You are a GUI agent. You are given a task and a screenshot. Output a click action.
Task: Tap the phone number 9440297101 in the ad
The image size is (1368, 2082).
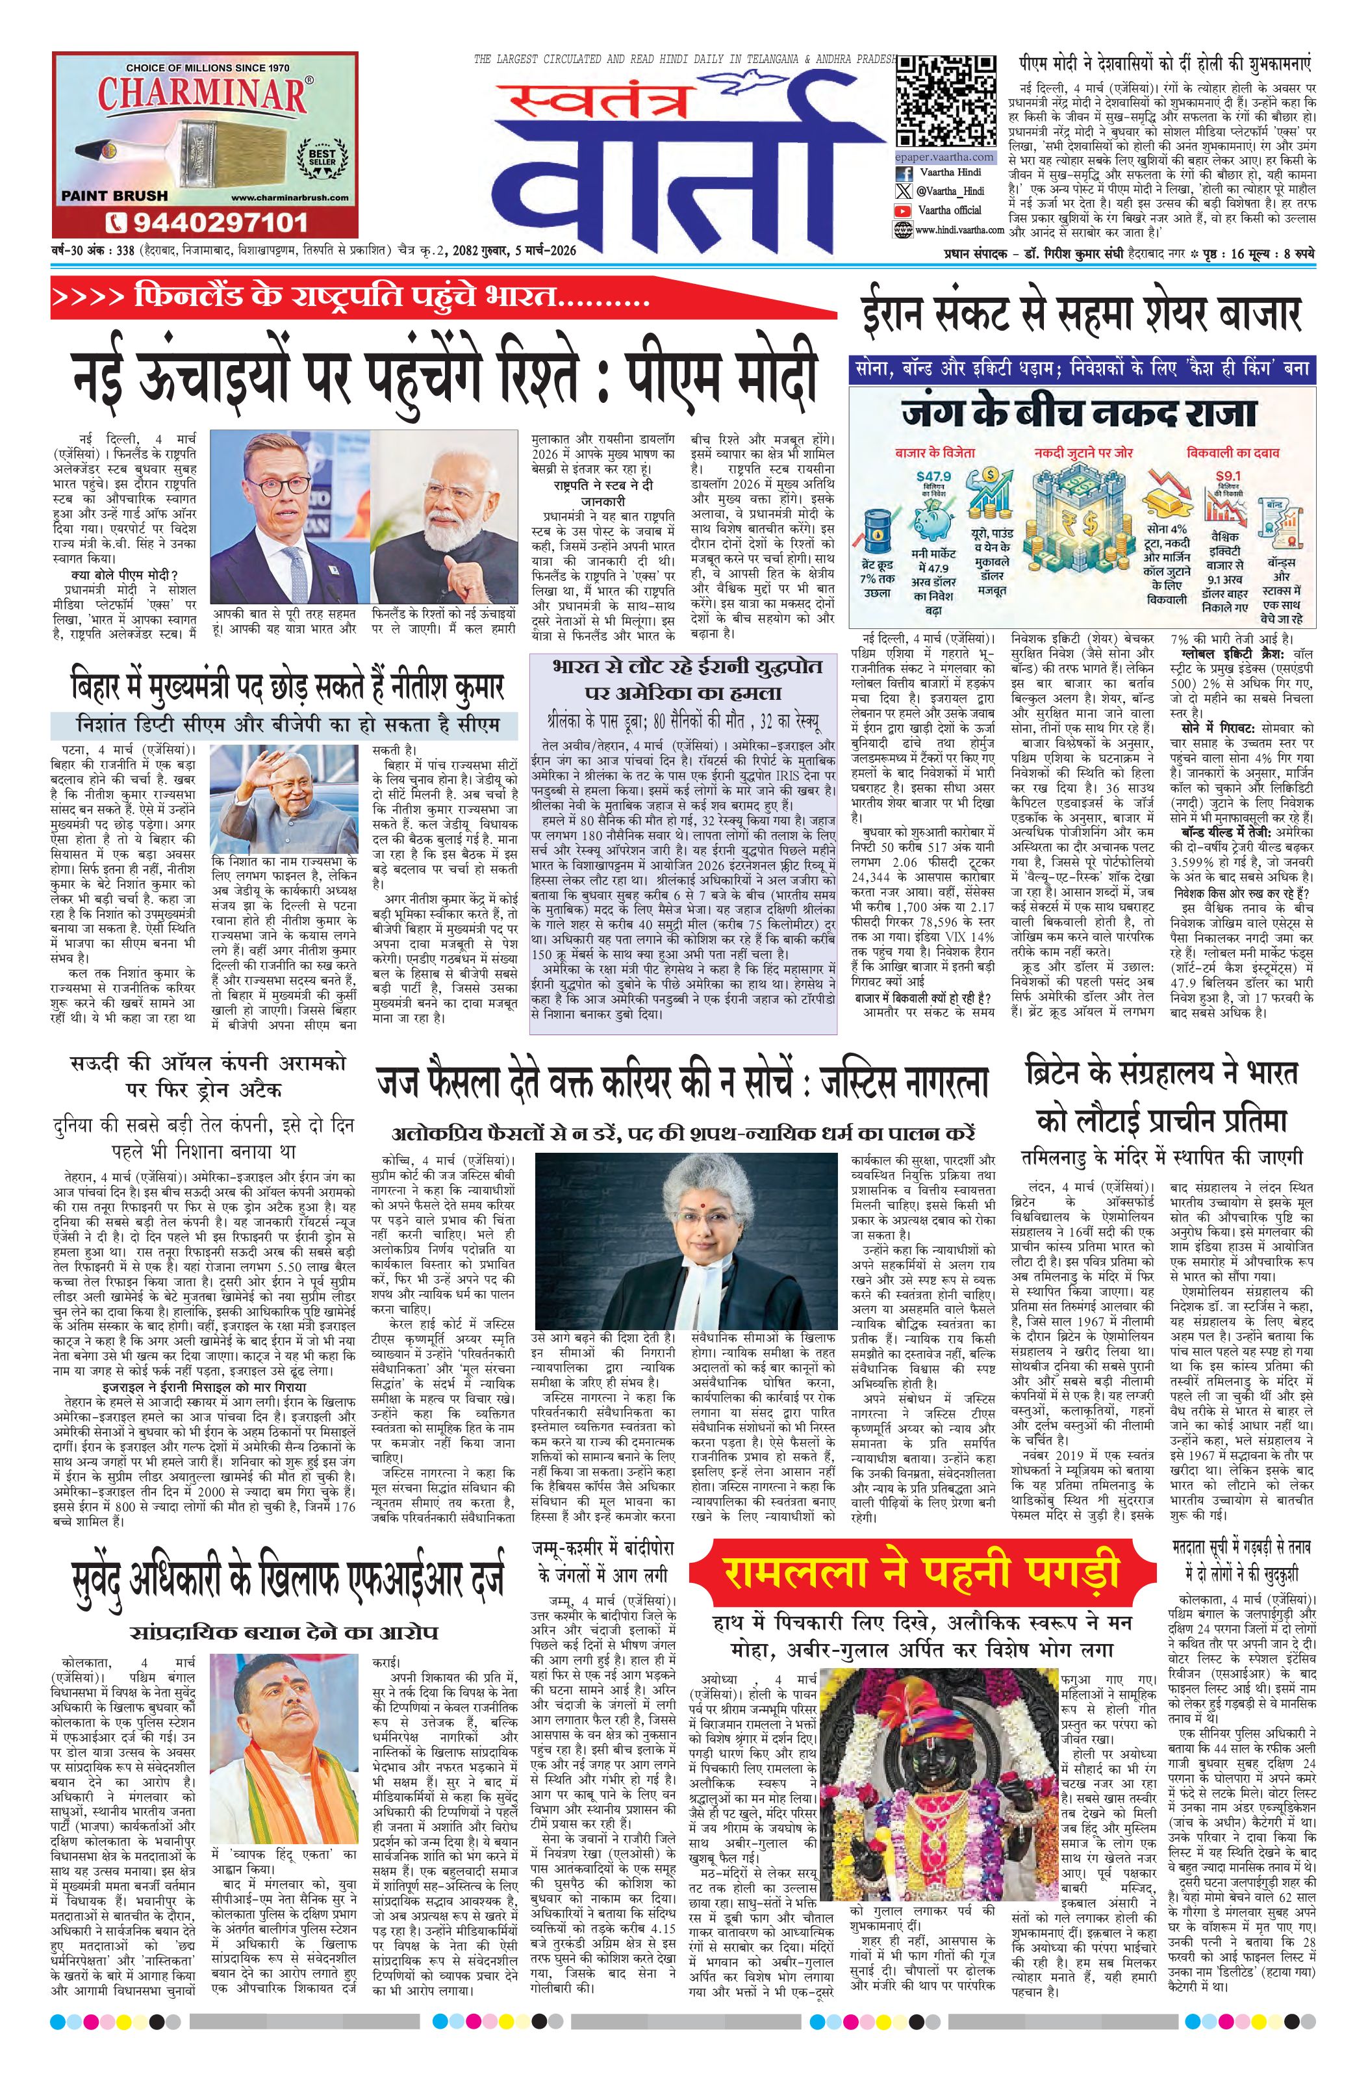[205, 222]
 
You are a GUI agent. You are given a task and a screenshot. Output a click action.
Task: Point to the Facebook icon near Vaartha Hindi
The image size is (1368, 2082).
[904, 173]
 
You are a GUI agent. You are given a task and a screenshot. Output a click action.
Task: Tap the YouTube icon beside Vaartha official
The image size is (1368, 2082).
[903, 210]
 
